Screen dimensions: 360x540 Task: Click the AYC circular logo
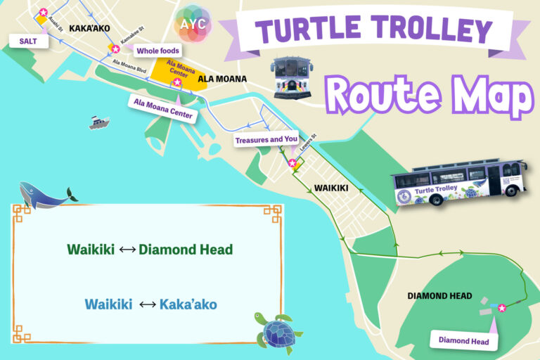[192, 24]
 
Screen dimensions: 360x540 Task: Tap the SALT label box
[27, 41]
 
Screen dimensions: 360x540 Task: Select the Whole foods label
[157, 51]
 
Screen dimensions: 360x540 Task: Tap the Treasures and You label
[266, 140]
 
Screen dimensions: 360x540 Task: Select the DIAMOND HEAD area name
[439, 296]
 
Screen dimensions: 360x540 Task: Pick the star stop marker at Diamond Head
[502, 307]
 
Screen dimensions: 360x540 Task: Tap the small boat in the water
[99, 123]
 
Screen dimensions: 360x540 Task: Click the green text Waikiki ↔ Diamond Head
[150, 249]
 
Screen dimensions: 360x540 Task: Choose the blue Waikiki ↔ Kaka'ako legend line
[150, 304]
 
